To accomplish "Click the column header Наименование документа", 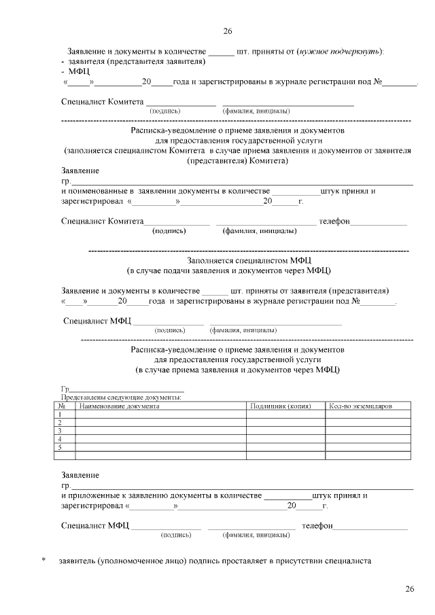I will pyautogui.click(x=120, y=406).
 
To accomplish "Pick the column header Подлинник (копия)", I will pyautogui.click(x=280, y=406).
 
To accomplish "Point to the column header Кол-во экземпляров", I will pyautogui.click(x=360, y=406).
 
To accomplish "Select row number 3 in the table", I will pyautogui.click(x=60, y=431).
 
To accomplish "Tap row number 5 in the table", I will pyautogui.click(x=60, y=448).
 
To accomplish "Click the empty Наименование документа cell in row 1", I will pyautogui.click(x=160, y=414).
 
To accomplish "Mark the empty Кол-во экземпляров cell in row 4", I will pyautogui.click(x=368, y=439).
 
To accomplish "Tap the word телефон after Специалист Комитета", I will pyautogui.click(x=334, y=221).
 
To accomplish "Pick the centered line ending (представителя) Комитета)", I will pyautogui.click(x=237, y=161).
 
